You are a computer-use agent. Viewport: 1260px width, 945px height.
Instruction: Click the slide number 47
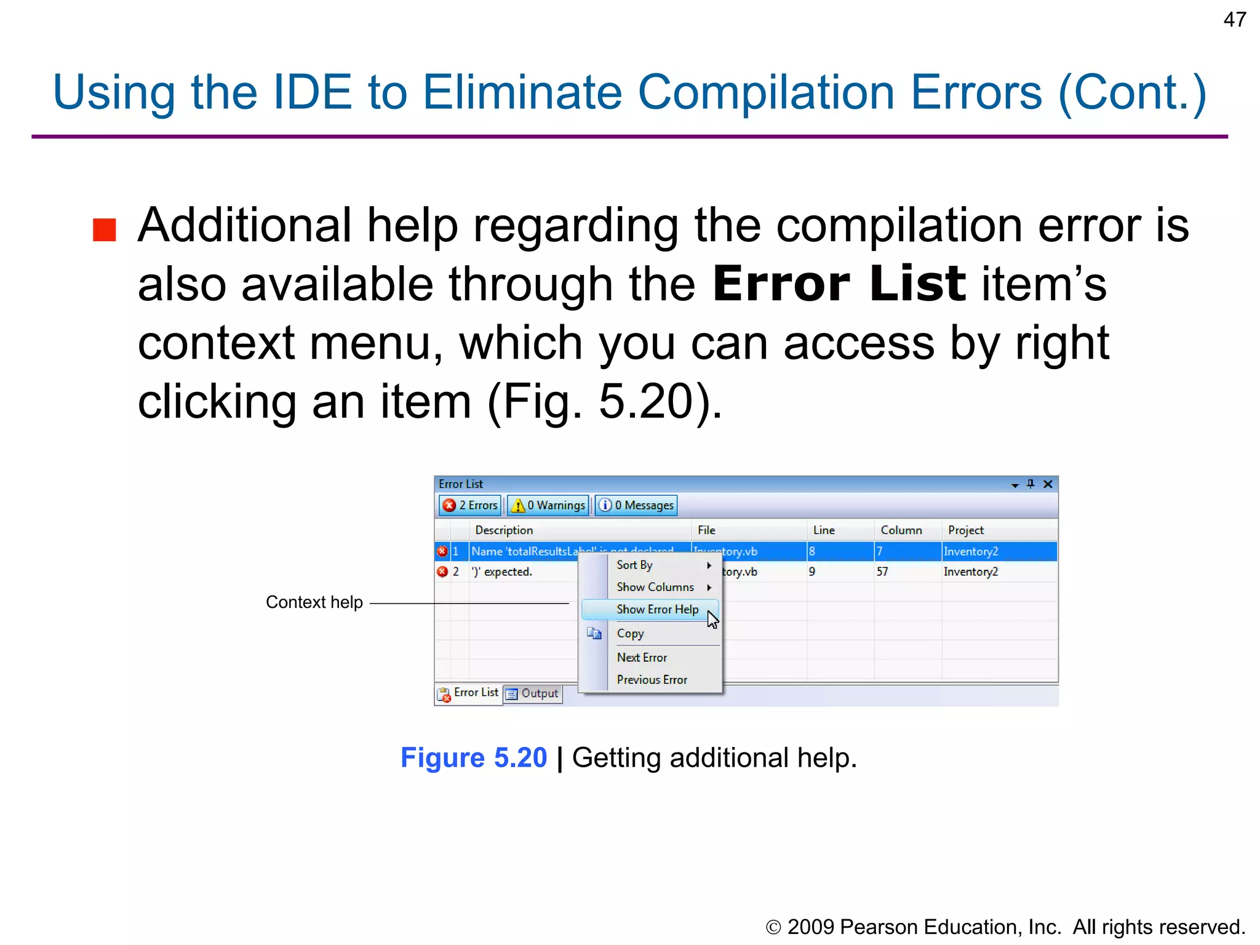[x=1234, y=20]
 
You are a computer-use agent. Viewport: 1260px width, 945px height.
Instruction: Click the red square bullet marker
[x=105, y=230]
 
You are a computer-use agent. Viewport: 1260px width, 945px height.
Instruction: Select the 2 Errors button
[x=471, y=505]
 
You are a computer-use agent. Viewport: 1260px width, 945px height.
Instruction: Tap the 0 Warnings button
[x=548, y=505]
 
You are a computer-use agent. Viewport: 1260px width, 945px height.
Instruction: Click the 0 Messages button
[x=636, y=505]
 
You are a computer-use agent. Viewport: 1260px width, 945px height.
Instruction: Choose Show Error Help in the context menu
[x=657, y=609]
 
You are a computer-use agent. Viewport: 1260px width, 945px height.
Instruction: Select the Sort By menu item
[x=634, y=565]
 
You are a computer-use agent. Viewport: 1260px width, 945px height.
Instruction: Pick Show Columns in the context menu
[x=655, y=587]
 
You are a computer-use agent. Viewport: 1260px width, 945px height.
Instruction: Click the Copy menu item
[x=630, y=633]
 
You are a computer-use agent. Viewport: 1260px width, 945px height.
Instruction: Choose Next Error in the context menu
[x=642, y=657]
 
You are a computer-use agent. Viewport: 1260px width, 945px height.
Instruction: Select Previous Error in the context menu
[x=652, y=679]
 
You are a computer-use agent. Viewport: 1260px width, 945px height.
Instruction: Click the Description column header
[x=504, y=530]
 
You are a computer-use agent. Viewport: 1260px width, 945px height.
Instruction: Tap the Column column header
[x=901, y=530]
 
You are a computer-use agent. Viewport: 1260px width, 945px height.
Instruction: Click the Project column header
[x=965, y=530]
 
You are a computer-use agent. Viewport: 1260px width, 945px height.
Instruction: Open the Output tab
[x=533, y=693]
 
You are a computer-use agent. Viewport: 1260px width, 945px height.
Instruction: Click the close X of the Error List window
[x=1048, y=484]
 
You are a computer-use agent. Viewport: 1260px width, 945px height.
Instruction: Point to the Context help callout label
[x=314, y=602]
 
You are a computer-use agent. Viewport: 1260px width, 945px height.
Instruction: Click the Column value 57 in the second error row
[x=882, y=572]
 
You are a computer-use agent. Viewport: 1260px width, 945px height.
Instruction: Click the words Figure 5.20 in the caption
[x=473, y=757]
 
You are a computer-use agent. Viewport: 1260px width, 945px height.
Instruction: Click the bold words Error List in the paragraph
[x=839, y=284]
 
